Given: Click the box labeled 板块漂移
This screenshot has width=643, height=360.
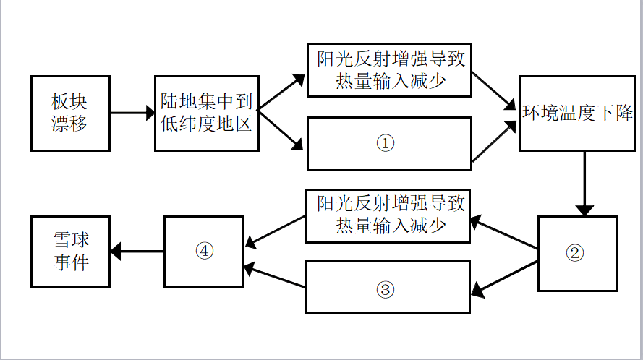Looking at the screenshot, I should tap(70, 113).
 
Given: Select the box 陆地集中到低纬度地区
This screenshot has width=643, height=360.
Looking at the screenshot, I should tap(207, 113).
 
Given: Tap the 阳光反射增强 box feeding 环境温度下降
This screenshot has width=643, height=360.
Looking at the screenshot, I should tap(389, 70).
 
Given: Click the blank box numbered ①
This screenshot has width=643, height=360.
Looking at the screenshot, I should tap(389, 143).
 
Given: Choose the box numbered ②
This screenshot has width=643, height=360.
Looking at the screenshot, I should tap(577, 253).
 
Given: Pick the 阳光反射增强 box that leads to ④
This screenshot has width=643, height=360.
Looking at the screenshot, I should tap(389, 215).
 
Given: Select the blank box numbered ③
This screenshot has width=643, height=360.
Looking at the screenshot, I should tap(388, 287).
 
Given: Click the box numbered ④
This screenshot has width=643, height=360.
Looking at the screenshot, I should tap(205, 251).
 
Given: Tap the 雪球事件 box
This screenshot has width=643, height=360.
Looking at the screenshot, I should tap(70, 251).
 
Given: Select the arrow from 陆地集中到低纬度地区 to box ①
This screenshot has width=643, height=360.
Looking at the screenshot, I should tap(281, 131).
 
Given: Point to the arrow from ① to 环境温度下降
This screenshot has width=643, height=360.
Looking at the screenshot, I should tap(495, 142).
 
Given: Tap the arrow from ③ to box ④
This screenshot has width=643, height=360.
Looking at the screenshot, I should tap(275, 278).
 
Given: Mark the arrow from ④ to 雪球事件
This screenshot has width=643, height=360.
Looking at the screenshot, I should tap(137, 252).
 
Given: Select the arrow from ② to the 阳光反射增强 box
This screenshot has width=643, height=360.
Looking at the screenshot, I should tap(505, 233).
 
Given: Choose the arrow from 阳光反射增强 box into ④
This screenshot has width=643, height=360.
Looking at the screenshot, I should tap(275, 230).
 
